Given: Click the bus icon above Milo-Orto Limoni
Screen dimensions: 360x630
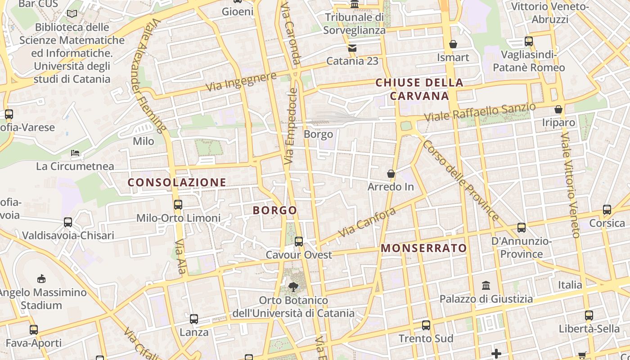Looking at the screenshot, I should (x=178, y=205).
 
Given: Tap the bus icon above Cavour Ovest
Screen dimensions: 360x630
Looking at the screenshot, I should (x=298, y=242).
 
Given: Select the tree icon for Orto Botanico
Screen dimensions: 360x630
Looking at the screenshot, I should (x=293, y=287).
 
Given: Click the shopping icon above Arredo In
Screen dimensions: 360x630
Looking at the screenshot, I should (x=391, y=173).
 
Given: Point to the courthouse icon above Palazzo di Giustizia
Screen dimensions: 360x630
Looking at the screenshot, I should (x=486, y=285).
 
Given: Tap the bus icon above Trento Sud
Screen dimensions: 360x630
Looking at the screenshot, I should (x=426, y=325).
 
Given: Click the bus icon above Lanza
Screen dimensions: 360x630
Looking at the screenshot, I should (x=194, y=319).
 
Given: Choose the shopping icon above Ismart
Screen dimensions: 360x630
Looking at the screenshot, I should (x=453, y=44).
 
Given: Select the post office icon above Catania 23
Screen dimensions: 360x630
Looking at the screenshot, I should (x=352, y=48).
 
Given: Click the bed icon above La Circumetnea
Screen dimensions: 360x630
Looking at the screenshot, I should (x=75, y=153).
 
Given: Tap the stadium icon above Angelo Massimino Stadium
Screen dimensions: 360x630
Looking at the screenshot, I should (x=41, y=279).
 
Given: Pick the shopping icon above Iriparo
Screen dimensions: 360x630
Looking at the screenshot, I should (x=558, y=109).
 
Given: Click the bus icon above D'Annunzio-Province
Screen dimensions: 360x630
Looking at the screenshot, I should (x=522, y=228).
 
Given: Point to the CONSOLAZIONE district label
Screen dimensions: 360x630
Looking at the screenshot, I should (x=177, y=182).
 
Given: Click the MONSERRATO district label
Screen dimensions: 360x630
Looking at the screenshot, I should (x=424, y=248).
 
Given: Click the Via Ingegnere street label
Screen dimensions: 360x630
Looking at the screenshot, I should (x=241, y=81).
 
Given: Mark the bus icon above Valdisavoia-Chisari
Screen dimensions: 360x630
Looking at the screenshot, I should (x=68, y=222).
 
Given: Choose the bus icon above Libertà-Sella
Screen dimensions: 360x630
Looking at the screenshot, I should (x=589, y=315).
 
